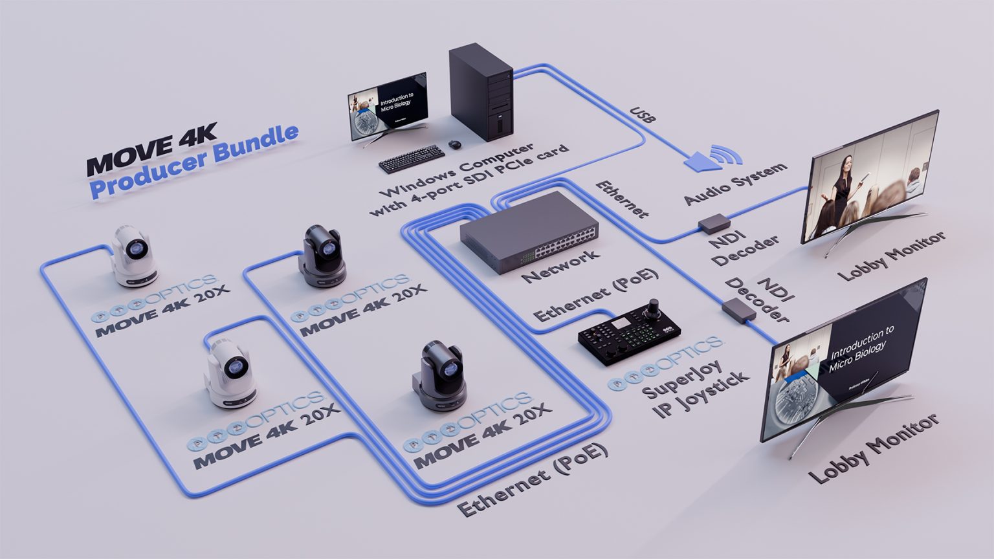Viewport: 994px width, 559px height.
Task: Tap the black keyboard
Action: tap(412, 158)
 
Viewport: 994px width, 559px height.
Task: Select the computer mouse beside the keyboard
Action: tap(454, 143)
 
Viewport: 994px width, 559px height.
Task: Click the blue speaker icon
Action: tap(701, 159)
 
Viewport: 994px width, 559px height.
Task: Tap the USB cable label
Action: tap(643, 115)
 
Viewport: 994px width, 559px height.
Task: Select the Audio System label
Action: tap(735, 183)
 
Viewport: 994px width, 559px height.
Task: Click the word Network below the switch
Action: tap(560, 265)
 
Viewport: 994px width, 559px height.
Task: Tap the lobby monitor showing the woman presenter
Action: tap(869, 176)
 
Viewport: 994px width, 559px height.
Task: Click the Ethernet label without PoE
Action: tap(621, 199)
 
